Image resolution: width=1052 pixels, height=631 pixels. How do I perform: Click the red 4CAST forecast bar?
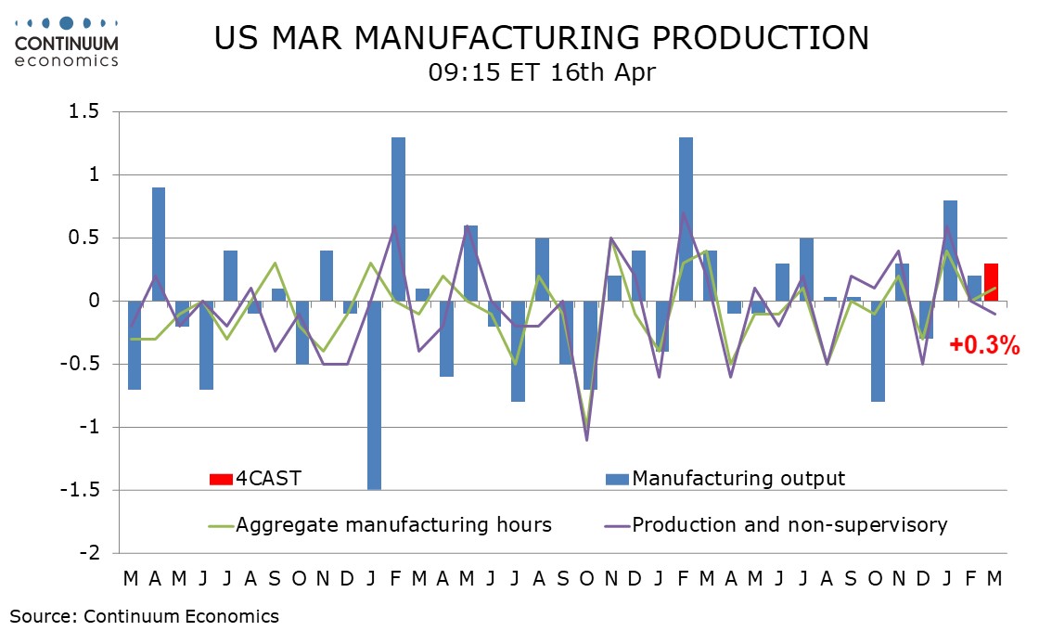click(992, 282)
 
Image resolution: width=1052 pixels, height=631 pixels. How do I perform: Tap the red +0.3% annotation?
click(984, 347)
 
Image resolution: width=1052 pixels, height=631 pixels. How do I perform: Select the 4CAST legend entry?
click(256, 478)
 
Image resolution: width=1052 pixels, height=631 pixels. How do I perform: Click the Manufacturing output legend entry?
click(725, 478)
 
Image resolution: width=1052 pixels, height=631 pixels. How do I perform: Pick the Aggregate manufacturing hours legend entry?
click(380, 524)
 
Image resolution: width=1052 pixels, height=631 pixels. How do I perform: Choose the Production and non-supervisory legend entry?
click(776, 524)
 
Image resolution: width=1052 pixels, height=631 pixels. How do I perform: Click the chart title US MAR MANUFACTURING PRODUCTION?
click(542, 38)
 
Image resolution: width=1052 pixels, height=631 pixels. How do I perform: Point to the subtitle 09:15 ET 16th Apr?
click(542, 72)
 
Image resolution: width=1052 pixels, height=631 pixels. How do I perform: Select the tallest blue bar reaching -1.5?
click(374, 394)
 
